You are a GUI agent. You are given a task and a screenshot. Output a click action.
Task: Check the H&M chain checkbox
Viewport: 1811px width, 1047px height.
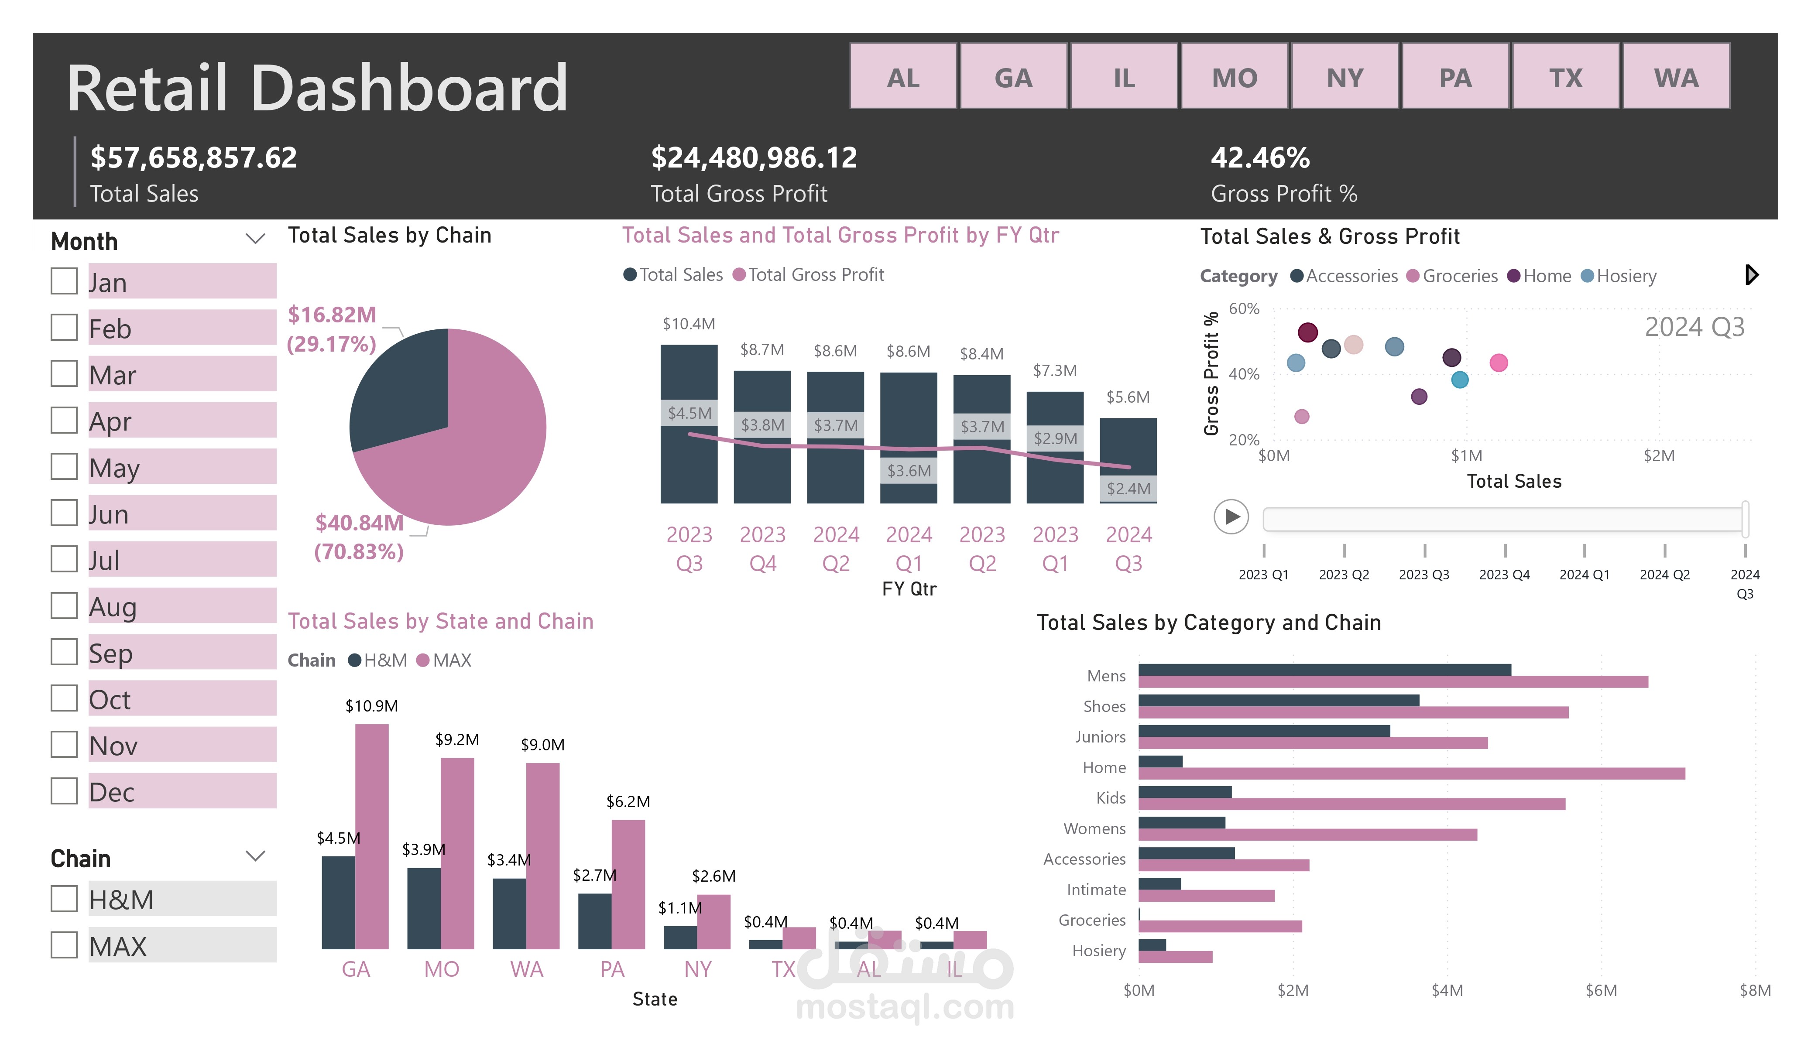coord(64,898)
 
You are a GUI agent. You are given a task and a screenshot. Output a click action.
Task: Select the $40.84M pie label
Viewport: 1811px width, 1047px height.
coord(359,523)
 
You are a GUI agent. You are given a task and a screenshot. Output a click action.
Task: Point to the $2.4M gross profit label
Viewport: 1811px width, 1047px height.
coord(1128,489)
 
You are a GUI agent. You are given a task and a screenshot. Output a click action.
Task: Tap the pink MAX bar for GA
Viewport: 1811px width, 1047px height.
coord(371,834)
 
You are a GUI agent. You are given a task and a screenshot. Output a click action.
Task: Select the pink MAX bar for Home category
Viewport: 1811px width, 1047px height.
coord(1409,773)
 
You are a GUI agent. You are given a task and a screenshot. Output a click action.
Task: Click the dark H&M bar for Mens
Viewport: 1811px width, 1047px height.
coord(1322,670)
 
